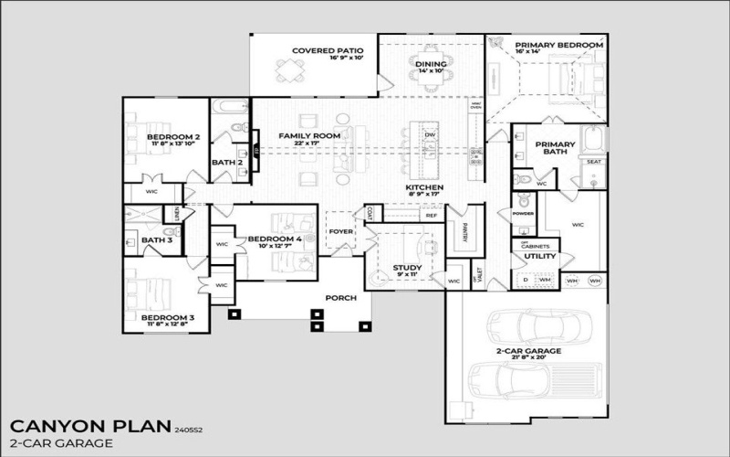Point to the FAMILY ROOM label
[x=309, y=136]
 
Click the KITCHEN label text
[x=423, y=187]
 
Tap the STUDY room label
[x=407, y=268]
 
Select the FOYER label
[x=340, y=231]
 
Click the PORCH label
[x=340, y=297]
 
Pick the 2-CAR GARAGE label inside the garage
[x=527, y=350]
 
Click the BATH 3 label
[x=156, y=240]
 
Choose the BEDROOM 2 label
[x=173, y=137]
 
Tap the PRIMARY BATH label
[x=551, y=148]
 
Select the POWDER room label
[x=523, y=213]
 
